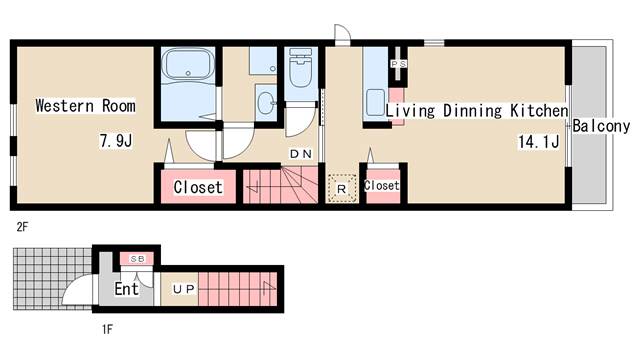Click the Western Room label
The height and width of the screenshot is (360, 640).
[85, 106]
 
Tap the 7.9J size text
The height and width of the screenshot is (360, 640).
[116, 141]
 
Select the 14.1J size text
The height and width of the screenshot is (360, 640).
[539, 142]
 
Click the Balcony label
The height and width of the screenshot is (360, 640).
[601, 126]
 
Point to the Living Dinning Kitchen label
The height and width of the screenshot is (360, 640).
[477, 111]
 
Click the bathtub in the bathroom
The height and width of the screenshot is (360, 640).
[188, 63]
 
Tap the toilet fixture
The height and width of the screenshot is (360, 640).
[300, 67]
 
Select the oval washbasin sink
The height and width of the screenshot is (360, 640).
[265, 102]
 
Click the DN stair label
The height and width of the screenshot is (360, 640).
[301, 154]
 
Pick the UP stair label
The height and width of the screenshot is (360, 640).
[184, 289]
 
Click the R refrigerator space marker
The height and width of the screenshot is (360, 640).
[342, 189]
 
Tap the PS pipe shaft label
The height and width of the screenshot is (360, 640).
[399, 64]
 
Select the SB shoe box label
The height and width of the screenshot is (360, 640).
[137, 259]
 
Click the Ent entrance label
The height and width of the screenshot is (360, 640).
[127, 289]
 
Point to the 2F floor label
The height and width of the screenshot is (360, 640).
[22, 227]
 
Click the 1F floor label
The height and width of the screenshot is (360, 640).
[107, 329]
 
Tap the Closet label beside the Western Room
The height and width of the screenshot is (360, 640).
[198, 187]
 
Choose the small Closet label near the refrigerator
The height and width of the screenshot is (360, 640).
[382, 186]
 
